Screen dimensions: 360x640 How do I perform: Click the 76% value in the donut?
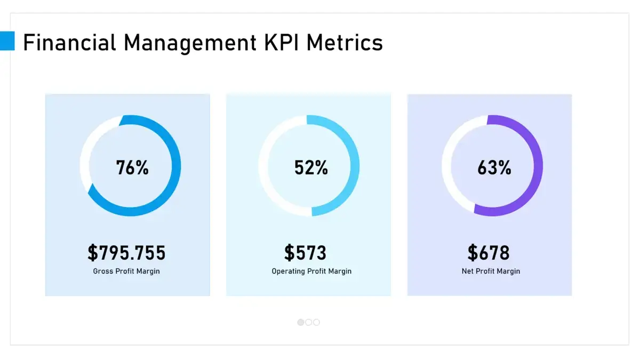pos(132,167)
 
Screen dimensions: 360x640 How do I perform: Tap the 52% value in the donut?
pos(311,167)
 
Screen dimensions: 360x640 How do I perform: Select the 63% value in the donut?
pos(494,167)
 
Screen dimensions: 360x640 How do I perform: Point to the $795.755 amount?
pos(126,252)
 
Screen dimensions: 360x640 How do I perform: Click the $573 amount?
pos(305,252)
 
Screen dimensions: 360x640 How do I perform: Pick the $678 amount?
pos(489,252)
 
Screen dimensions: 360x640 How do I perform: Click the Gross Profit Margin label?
pos(126,271)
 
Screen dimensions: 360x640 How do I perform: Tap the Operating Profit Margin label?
pos(311,271)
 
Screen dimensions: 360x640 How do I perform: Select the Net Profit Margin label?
pos(491,271)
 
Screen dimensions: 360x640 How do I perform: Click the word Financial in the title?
pos(70,43)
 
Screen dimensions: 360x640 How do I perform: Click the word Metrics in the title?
pos(345,43)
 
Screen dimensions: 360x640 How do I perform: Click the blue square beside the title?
pos(7,41)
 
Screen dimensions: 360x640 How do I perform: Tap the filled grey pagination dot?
pos(301,322)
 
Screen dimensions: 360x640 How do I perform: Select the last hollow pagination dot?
pos(316,322)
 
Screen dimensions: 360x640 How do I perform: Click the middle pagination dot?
pos(309,322)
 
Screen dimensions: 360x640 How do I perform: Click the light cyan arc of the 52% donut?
pos(354,165)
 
